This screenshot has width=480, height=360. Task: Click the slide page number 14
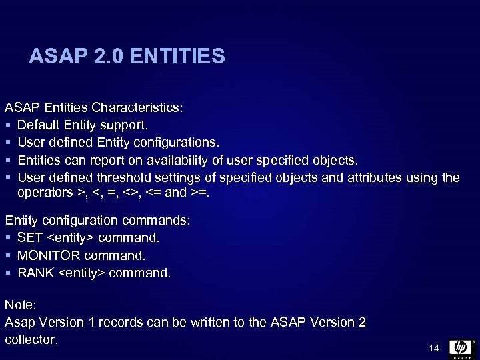[x=434, y=348]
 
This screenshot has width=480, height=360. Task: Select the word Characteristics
[x=137, y=107]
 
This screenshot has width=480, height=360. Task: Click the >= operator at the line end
[x=198, y=192]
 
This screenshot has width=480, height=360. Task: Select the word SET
[x=30, y=237]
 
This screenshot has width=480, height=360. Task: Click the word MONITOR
[x=48, y=255]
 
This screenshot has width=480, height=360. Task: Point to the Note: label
[x=21, y=305]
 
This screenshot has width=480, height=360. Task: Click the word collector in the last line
[x=31, y=339]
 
